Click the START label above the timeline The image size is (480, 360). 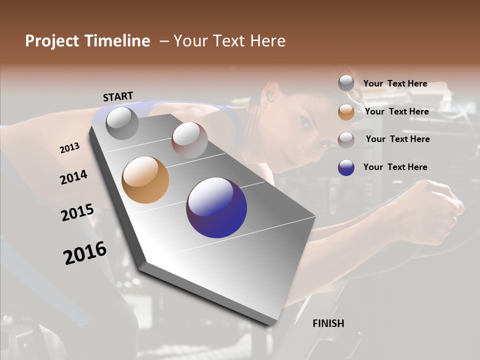pos(118,96)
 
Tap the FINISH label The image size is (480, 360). pos(328,323)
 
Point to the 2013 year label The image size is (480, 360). pos(69,148)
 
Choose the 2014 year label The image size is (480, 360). pos(73,177)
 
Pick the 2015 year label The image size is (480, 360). pos(77,212)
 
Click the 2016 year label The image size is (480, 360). pos(85,253)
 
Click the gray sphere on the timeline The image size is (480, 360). pos(122,123)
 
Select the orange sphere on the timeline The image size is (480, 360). pos(145,180)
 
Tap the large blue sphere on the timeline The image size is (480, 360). pos(216,207)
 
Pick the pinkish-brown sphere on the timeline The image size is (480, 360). pos(189,140)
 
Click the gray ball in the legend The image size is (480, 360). pos(346,83)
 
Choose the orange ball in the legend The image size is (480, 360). pos(346,111)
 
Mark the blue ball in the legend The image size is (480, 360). pos(346,167)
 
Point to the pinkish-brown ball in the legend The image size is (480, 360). pos(346,139)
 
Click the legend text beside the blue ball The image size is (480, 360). pos(395,167)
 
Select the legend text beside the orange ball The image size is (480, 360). pos(397,111)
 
